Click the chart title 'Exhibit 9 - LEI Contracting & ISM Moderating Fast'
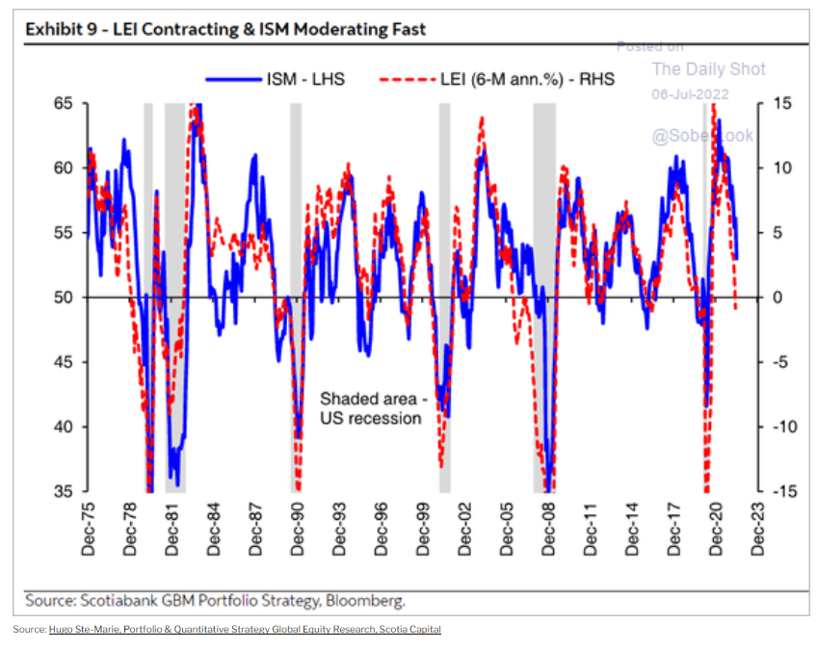(225, 29)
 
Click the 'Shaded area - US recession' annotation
(370, 407)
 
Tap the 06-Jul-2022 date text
(690, 94)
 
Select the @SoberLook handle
(702, 136)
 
